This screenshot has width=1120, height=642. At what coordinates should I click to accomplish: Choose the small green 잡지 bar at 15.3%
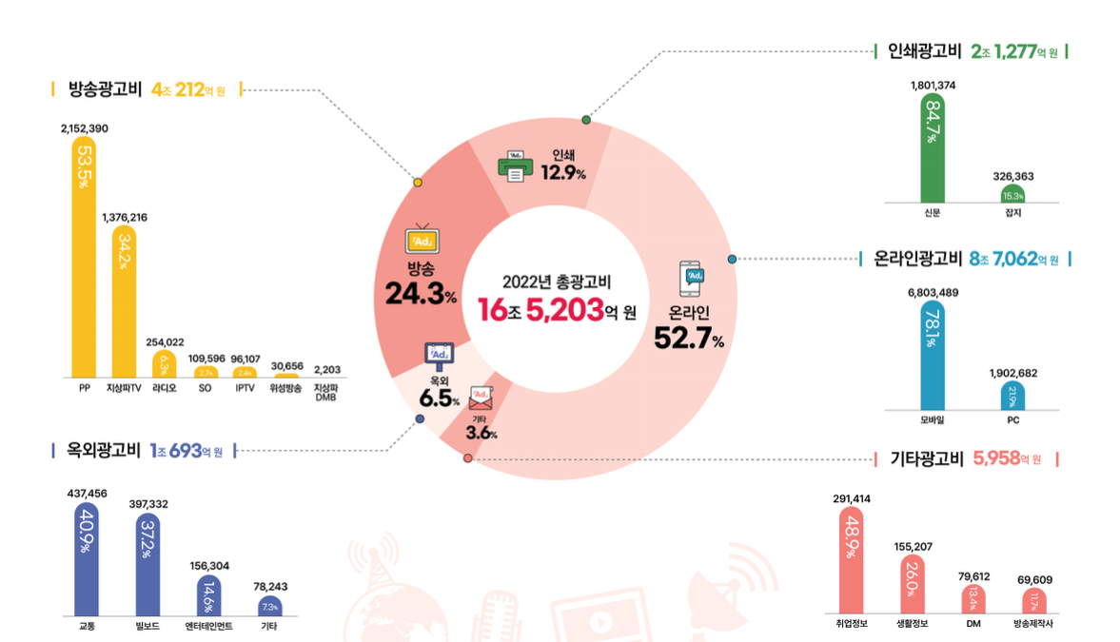(1012, 194)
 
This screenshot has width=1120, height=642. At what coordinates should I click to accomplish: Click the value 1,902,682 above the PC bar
(1012, 373)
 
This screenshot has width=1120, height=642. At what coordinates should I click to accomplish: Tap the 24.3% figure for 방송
(421, 294)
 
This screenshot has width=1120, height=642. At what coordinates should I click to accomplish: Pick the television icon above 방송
(420, 240)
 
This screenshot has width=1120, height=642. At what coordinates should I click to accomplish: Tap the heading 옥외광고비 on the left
(97, 450)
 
